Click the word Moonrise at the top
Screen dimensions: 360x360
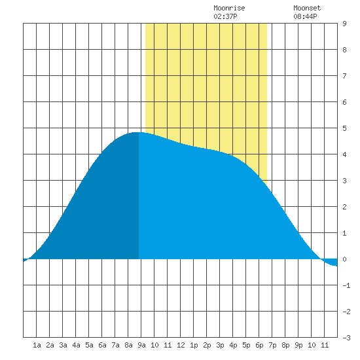click(229, 8)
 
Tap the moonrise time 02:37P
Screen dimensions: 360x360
click(225, 16)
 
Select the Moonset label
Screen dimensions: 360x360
click(307, 8)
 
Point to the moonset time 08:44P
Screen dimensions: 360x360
click(305, 16)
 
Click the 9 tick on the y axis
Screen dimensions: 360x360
click(344, 24)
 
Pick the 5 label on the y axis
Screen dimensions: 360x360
click(344, 128)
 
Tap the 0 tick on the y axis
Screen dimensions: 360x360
click(344, 259)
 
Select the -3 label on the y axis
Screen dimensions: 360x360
click(346, 338)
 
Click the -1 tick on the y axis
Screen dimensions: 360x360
click(346, 285)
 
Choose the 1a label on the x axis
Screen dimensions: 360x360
click(37, 345)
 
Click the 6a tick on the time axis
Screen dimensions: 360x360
click(102, 345)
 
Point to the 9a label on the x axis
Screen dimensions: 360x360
click(141, 345)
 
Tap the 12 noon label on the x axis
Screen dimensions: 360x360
click(181, 345)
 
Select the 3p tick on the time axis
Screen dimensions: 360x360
click(220, 345)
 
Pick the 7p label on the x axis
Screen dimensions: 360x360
click(272, 345)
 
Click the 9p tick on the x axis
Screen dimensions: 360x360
click(298, 345)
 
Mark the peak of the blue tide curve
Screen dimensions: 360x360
click(136, 132)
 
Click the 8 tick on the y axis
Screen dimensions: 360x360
click(344, 50)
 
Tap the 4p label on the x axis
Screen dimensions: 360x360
click(233, 345)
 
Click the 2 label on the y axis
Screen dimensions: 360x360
click(344, 207)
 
